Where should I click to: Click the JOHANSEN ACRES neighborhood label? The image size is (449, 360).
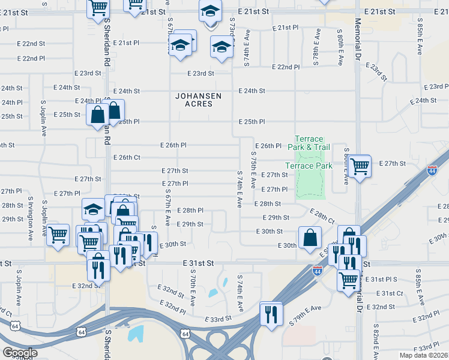(x=198, y=100)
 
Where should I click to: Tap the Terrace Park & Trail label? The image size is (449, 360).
(x=309, y=143)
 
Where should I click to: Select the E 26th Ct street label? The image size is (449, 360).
(x=127, y=157)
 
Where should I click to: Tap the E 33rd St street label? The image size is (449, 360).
(x=218, y=319)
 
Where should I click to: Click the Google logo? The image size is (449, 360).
(x=20, y=353)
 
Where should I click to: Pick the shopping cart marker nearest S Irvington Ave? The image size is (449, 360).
(x=58, y=235)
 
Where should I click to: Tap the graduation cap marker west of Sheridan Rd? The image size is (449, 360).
(x=93, y=209)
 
